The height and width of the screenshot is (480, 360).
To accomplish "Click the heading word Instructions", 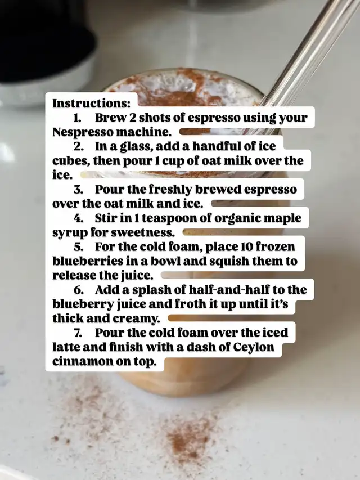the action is pyautogui.click(x=91, y=104).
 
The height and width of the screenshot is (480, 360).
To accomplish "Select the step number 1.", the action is pyautogui.click(x=76, y=118).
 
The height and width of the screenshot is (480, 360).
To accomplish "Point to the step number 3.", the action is pyautogui.click(x=78, y=190).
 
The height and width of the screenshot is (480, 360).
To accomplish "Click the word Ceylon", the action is pyautogui.click(x=254, y=348).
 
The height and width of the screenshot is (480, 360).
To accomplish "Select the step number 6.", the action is pyautogui.click(x=79, y=290).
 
